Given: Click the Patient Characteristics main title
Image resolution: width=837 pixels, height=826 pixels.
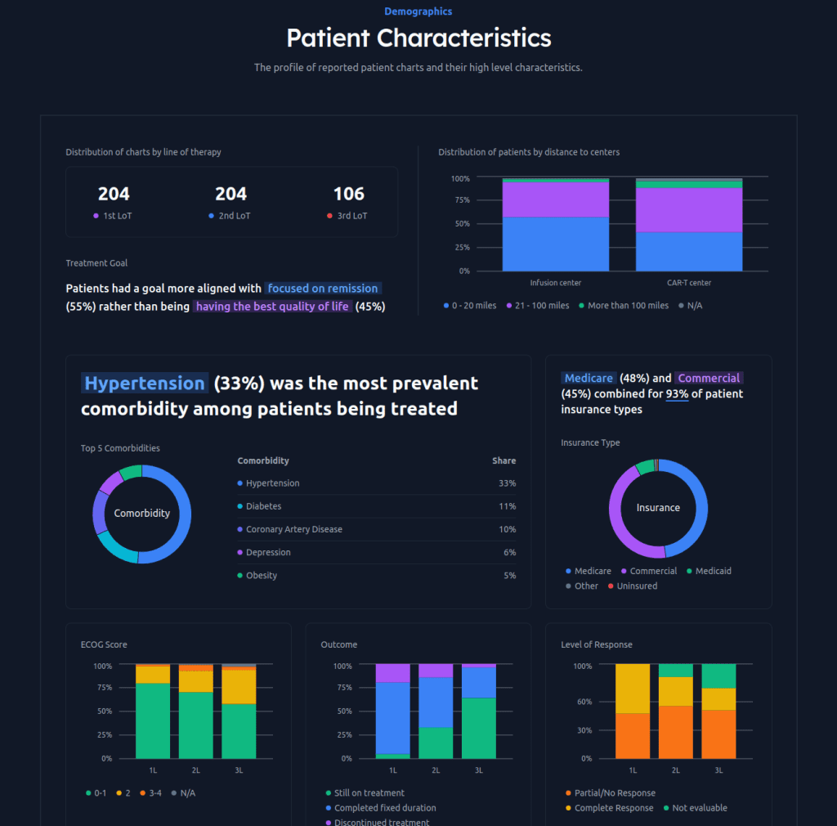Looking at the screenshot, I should (418, 38).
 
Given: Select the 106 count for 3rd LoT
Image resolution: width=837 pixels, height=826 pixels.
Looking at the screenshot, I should (349, 194).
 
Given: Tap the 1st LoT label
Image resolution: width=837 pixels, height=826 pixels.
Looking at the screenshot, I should (114, 216).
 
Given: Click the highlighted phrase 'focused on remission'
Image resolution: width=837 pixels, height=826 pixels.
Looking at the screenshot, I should (323, 289).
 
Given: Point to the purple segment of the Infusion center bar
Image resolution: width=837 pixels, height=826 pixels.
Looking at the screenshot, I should (555, 199).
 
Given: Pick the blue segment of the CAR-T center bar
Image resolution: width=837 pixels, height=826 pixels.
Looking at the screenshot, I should (689, 251).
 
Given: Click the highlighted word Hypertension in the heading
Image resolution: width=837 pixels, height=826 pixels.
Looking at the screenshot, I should (145, 384).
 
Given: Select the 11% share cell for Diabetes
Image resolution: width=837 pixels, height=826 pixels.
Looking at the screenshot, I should (507, 506).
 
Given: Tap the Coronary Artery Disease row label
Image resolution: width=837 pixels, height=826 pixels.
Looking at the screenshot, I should (293, 529).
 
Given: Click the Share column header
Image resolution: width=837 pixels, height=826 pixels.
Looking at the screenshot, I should (504, 460).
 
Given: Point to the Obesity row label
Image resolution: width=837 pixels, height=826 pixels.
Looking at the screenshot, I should (261, 576).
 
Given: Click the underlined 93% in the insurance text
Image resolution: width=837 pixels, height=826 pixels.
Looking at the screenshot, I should (677, 394).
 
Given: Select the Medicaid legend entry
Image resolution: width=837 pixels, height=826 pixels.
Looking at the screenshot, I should (713, 571).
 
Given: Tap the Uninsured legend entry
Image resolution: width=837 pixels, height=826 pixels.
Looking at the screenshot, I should (637, 586).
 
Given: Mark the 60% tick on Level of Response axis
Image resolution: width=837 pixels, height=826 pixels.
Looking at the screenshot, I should (581, 702).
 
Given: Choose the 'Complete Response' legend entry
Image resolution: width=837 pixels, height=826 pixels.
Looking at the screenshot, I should (614, 808).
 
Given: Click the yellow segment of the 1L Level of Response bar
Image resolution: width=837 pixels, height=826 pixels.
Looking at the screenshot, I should (633, 688).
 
